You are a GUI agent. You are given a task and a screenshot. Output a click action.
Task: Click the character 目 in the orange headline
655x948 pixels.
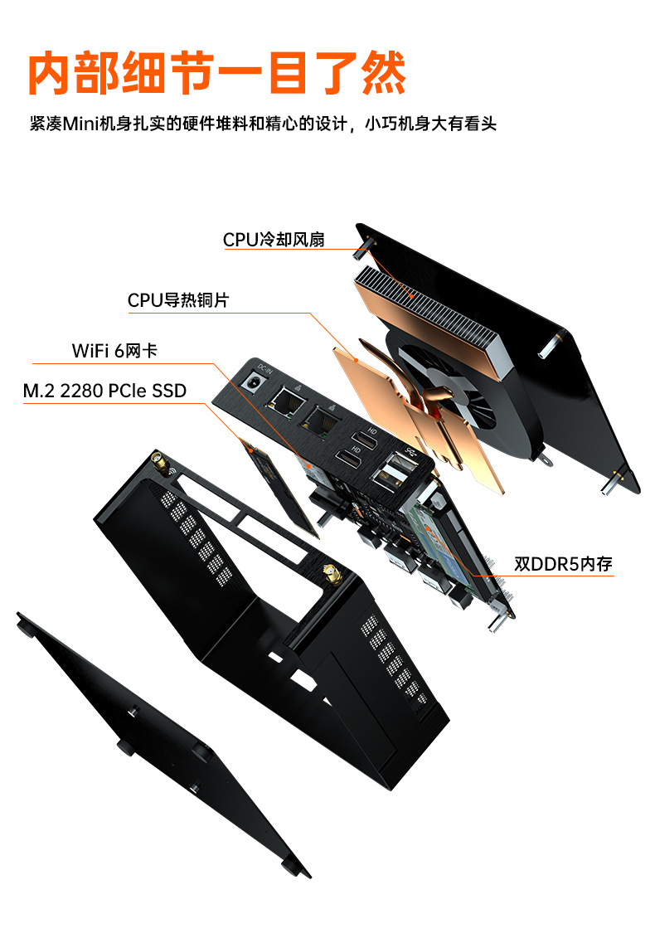[289, 72]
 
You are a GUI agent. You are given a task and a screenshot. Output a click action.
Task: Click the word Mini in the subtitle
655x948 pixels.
[80, 124]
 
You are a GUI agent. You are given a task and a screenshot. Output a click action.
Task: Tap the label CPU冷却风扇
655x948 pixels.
[274, 240]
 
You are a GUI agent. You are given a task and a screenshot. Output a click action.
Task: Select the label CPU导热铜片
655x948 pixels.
[178, 300]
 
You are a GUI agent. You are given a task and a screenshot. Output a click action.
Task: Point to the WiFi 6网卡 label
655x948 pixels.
[114, 351]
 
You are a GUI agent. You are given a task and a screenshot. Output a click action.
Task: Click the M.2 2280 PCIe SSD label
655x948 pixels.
[104, 391]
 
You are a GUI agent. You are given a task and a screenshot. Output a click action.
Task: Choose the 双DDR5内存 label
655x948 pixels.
[563, 564]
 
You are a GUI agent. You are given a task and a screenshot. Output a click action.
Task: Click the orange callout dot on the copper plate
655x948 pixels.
[357, 360]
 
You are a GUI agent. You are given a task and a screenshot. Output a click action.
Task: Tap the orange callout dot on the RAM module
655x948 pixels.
[427, 527]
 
